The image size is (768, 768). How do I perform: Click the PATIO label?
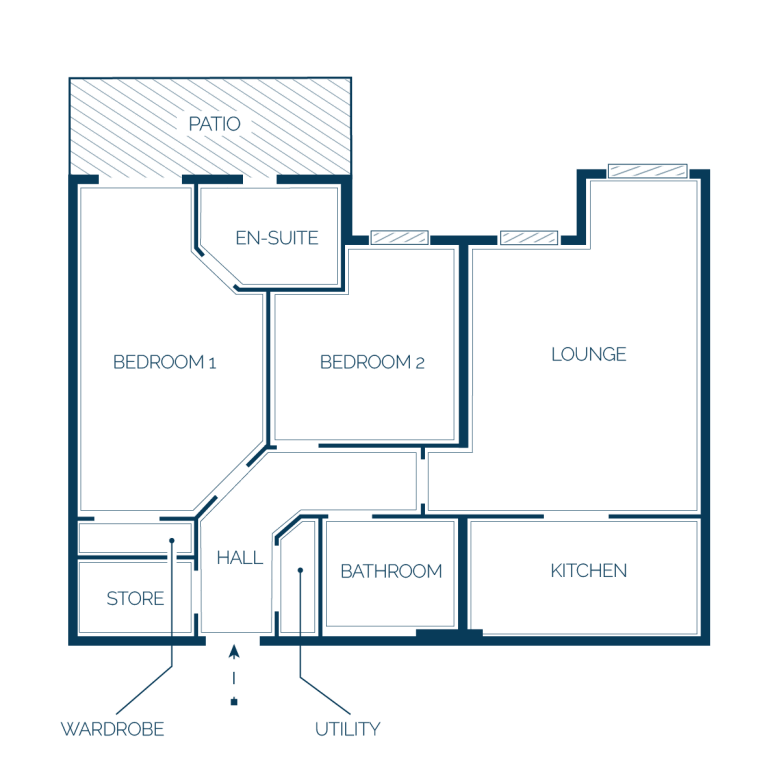coord(215,124)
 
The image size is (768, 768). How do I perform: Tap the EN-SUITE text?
coord(277,238)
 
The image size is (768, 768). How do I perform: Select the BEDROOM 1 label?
coord(164,362)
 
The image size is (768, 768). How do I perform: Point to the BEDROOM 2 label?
coord(372,362)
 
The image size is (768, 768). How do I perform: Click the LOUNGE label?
coord(589,354)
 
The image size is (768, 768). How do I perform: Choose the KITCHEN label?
coord(589,571)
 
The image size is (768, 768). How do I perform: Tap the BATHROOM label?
coord(391,571)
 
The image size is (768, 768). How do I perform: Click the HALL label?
coord(240,558)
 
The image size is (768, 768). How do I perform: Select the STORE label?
coord(135,599)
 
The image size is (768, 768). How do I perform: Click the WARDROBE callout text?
coord(112,729)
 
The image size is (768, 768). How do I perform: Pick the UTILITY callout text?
coord(347,729)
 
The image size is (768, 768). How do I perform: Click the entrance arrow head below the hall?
coord(234,651)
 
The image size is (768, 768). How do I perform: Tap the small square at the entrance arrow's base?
coord(234,702)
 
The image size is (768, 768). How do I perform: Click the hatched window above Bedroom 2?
coord(400,238)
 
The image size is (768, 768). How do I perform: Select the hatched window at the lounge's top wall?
coord(648,171)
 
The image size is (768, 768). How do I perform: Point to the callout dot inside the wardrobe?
coord(172,541)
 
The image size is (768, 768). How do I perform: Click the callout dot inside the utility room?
coord(300,570)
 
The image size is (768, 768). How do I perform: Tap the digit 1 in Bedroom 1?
coord(212,363)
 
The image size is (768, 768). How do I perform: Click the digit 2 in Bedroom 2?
coord(420,363)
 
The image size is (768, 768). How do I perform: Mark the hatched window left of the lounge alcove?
coord(529,238)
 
